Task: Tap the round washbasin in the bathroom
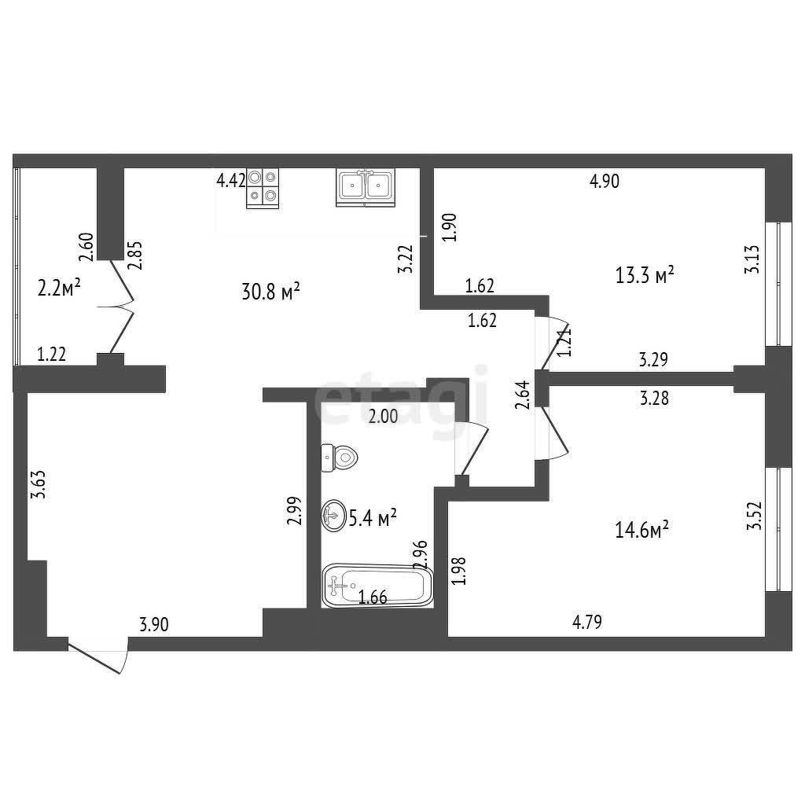point(333,516)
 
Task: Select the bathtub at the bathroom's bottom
point(378,586)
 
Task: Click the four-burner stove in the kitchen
point(263,188)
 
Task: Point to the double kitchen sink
point(366,187)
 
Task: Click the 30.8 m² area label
point(270,292)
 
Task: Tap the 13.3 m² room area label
point(645,275)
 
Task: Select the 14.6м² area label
point(641,529)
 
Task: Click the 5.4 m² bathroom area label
point(373,518)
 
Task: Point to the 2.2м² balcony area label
point(59,288)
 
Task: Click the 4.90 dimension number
point(605,182)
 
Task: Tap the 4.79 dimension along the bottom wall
point(587,623)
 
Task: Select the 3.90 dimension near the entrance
point(154,625)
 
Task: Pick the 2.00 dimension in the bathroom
point(384,417)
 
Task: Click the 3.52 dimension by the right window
point(753,516)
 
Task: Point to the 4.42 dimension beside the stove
point(231,182)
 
